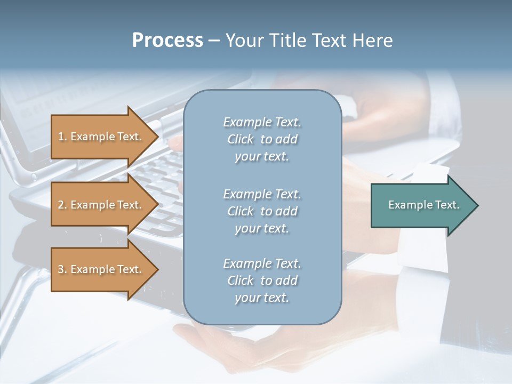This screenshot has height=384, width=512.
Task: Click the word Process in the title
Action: point(167,41)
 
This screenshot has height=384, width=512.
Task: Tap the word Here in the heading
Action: point(372,41)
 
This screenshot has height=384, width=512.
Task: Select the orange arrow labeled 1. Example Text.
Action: point(101,137)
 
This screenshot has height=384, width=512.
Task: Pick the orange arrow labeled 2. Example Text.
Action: point(101,205)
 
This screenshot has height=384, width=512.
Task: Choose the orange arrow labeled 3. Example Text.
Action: point(101,269)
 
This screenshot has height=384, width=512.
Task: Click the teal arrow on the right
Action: point(421,205)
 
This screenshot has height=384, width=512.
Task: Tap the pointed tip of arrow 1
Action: point(157,137)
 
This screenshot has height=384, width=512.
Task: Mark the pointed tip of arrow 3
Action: point(157,269)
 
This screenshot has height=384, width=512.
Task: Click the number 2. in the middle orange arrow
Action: point(62,205)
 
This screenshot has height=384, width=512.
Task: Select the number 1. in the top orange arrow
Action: point(62,137)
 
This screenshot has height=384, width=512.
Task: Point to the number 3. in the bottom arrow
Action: point(62,269)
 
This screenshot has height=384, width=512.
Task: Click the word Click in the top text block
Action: point(241,139)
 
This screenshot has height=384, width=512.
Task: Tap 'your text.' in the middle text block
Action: point(262,228)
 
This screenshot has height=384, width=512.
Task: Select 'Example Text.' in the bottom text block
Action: point(262,263)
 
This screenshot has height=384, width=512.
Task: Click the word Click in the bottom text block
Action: point(241,281)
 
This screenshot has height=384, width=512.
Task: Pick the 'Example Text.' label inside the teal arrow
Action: point(423,205)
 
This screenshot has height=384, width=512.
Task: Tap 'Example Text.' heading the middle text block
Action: point(262,194)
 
